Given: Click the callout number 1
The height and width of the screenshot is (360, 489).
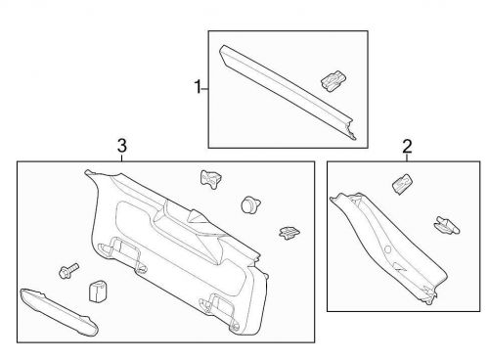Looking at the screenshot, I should (199, 87).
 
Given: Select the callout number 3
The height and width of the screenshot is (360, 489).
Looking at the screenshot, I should (121, 146).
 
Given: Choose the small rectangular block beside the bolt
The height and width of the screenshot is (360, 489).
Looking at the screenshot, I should (97, 292).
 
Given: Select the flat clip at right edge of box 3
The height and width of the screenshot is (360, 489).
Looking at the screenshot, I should (289, 232).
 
